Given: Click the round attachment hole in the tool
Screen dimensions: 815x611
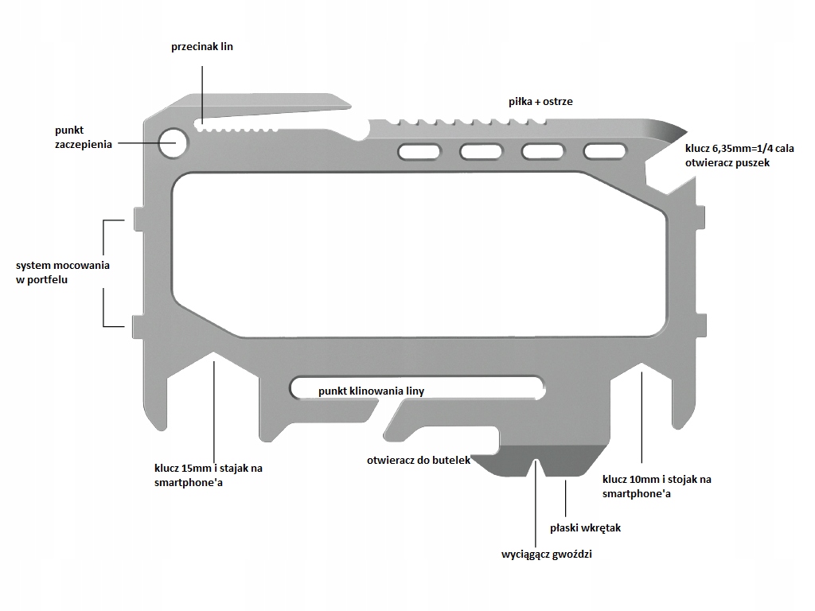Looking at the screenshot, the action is [x=174, y=142].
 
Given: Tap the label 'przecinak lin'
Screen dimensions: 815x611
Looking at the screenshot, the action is [x=202, y=47].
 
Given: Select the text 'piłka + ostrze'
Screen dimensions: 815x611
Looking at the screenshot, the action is [x=540, y=102].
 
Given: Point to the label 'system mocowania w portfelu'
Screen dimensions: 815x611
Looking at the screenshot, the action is [x=63, y=272].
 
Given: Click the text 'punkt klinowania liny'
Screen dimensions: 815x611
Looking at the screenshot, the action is [x=371, y=391].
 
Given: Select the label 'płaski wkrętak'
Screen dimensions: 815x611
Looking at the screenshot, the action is [x=585, y=527].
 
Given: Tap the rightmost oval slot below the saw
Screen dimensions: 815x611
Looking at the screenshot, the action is [x=605, y=151].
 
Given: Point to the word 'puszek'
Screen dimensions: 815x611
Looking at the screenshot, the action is [x=751, y=162].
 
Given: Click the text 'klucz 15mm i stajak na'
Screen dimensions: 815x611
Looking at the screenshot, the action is [x=209, y=468].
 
